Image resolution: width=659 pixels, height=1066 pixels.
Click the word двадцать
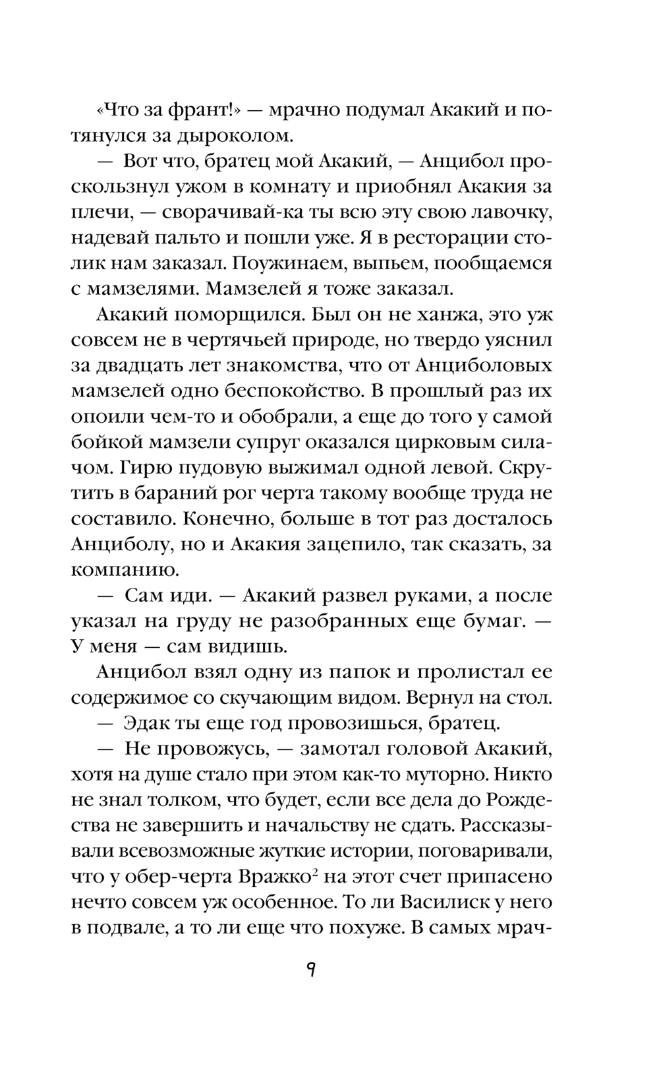click(x=156, y=365)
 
